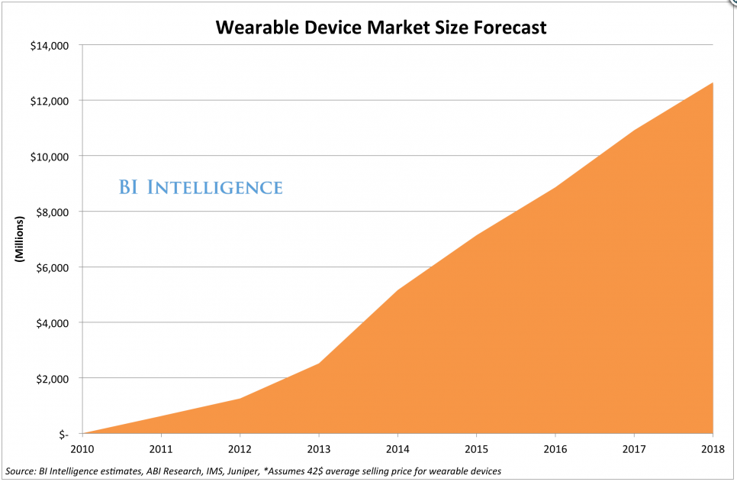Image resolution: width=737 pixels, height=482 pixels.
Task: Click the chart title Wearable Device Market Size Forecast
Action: point(381,27)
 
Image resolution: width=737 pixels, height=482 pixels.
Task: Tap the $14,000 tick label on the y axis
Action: point(50,46)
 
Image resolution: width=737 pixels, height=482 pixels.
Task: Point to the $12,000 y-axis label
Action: point(50,101)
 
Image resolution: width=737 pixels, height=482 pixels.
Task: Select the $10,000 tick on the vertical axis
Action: point(50,157)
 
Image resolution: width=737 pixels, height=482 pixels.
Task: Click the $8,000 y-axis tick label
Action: point(52,212)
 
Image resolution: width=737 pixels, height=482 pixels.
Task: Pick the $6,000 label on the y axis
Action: point(52,268)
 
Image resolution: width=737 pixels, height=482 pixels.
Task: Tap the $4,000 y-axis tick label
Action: point(52,323)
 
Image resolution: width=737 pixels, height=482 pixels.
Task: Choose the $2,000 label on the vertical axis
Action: point(52,379)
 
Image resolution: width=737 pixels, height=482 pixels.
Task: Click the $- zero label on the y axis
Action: point(63,435)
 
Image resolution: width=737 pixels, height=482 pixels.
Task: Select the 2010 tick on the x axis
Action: point(82,449)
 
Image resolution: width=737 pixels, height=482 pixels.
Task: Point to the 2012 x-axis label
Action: point(240,449)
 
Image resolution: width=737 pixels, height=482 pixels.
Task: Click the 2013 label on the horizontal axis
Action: point(319,449)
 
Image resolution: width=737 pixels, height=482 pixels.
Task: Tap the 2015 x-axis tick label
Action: point(477,449)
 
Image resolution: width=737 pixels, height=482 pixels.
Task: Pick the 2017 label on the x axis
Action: point(634,449)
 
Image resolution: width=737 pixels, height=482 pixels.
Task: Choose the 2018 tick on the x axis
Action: point(713,449)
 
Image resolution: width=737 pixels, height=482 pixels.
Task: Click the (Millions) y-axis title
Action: point(19,239)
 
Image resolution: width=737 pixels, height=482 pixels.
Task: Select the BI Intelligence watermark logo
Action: point(201,187)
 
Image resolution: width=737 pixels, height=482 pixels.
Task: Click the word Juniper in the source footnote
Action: point(243,471)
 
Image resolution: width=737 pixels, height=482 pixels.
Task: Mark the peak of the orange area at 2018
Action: point(713,82)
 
